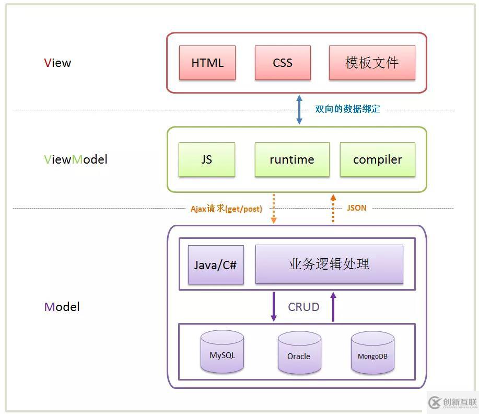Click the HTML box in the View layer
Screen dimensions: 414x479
point(207,63)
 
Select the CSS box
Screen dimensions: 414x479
point(283,63)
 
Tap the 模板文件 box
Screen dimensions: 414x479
point(372,63)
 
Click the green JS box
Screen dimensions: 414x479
point(206,159)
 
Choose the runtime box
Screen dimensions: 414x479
point(292,159)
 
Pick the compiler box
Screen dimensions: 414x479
point(377,159)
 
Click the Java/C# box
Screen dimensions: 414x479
point(216,264)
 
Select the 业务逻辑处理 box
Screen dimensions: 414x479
point(329,264)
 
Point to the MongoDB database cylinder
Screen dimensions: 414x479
point(372,353)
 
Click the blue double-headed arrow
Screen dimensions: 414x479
point(299,109)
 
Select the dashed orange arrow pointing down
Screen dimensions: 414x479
point(273,209)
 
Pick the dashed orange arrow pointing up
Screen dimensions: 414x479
point(333,209)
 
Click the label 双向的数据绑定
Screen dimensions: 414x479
point(347,109)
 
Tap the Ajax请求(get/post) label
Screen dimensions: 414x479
point(226,209)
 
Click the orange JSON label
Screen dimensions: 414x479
point(357,208)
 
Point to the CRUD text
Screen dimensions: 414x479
point(303,307)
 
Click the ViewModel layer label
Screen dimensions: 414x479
point(76,159)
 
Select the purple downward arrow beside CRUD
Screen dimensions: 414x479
point(273,307)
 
